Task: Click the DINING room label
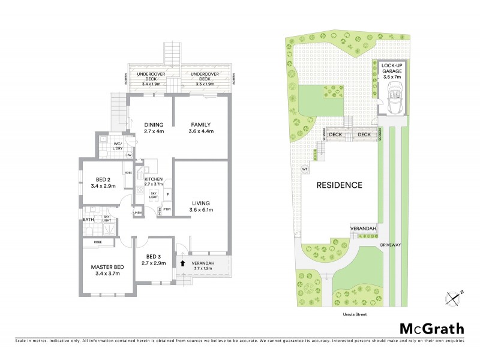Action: [154, 124]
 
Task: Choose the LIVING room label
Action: [201, 202]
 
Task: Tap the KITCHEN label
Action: [154, 179]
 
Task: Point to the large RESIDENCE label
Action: [340, 185]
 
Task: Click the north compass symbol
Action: [453, 296]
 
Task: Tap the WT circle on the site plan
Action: [304, 169]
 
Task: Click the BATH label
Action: [89, 219]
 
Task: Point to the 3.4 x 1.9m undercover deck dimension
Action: [147, 84]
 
